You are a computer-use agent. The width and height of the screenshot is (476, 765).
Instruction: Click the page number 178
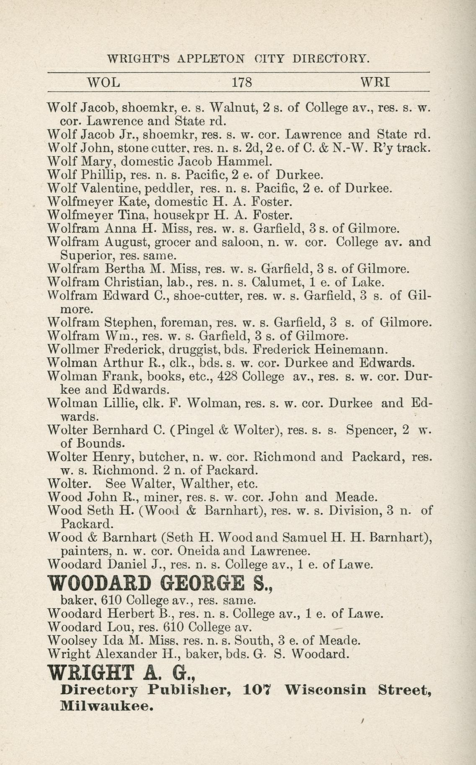pos(242,82)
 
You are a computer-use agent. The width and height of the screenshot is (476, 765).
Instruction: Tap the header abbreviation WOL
pos(103,82)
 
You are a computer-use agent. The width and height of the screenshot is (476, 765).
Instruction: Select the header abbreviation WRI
pos(375,82)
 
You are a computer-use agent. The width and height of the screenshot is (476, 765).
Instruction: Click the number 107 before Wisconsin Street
pos(257,690)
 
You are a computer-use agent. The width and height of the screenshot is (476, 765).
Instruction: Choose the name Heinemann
pos(364,349)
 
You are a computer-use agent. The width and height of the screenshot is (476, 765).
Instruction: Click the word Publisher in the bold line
pos(191,690)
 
